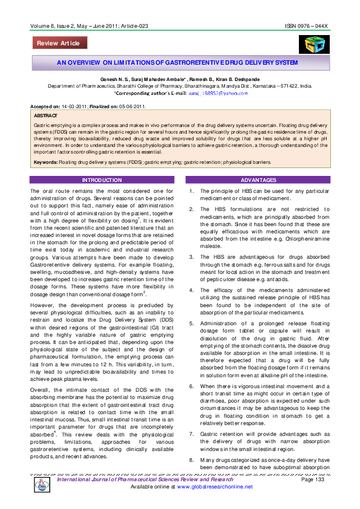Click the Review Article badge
60,43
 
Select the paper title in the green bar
177,62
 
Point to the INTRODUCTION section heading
102,180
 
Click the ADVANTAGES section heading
258,180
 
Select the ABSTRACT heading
46,115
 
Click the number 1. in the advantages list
191,192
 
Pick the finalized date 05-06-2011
138,106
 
